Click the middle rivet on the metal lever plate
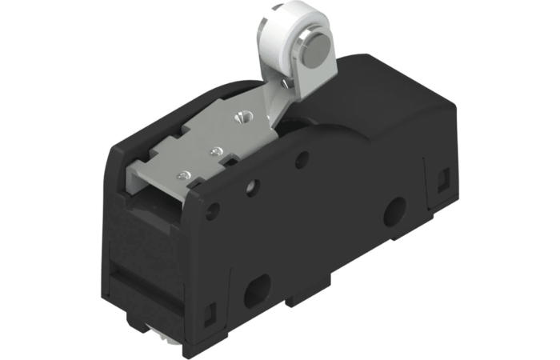coord(214,149)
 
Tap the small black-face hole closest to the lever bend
coord(302,159)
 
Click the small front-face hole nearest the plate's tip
coord(213,214)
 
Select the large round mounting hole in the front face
coord(393,212)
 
